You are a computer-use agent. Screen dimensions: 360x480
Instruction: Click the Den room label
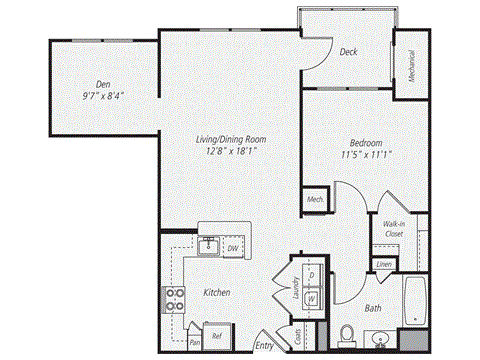[x=102, y=85]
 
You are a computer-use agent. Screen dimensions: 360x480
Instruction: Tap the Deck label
[x=349, y=51]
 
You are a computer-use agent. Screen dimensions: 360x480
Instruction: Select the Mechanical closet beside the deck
[x=410, y=65]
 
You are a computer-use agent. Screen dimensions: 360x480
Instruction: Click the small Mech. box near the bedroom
[x=313, y=200]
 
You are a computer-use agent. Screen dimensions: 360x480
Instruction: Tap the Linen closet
[x=384, y=265]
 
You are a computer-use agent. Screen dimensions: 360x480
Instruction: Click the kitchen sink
[x=211, y=246]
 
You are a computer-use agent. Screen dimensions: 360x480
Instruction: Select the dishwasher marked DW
[x=232, y=247]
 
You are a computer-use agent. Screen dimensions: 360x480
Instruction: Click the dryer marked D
[x=311, y=273]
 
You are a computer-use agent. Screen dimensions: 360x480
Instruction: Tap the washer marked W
[x=311, y=297]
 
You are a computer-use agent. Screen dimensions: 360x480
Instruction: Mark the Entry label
[x=265, y=346]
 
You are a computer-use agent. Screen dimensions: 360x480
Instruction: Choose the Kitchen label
[x=217, y=293]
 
